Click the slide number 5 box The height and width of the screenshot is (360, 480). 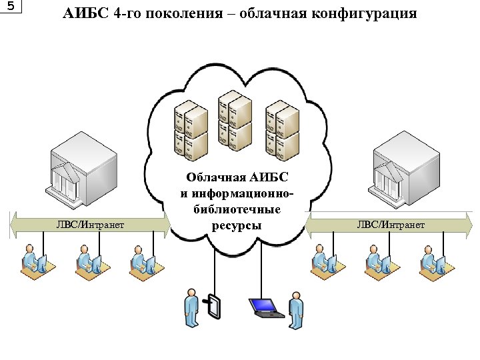(11, 7)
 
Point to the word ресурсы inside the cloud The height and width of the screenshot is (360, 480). (237, 225)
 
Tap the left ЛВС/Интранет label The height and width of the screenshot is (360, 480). (90, 225)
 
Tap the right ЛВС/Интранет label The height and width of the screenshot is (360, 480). (391, 225)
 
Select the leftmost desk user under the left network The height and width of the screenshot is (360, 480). (31, 262)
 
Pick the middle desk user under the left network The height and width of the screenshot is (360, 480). (87, 262)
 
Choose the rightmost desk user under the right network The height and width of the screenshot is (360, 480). (431, 262)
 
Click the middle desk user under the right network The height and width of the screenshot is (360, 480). (376, 262)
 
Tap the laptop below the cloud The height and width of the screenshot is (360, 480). (265, 307)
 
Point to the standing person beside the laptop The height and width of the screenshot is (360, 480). (295, 311)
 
